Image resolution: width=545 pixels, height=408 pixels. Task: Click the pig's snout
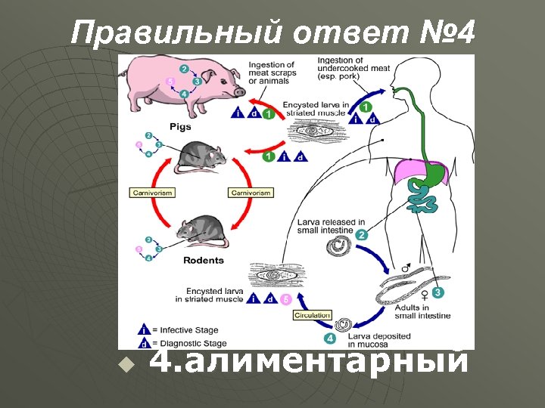[x=240, y=91]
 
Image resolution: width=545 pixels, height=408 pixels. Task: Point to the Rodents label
[x=204, y=261]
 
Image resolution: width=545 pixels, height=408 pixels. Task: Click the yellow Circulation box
[x=312, y=315]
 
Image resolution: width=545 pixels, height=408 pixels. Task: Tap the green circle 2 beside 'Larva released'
[x=362, y=235]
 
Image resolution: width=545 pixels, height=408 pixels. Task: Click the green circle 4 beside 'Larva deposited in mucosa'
[x=329, y=338]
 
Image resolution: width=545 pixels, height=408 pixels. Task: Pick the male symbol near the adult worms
[x=406, y=268]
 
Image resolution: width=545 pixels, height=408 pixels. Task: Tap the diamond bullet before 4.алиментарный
[x=126, y=366]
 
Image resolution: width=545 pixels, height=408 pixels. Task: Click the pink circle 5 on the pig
[x=170, y=81]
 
